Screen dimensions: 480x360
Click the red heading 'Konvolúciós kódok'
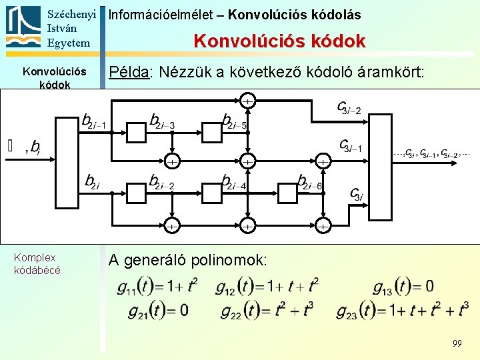(279, 41)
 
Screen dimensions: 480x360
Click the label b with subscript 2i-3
(162, 121)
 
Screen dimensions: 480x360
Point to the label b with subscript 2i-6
(310, 181)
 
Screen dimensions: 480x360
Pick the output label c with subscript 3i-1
(351, 145)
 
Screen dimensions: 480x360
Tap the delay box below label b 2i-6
(289, 193)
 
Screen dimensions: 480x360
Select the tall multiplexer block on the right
(382, 167)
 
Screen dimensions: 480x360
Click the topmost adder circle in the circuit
(247, 101)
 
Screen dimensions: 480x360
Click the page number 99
(457, 343)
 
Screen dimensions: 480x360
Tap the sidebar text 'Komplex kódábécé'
(37, 264)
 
